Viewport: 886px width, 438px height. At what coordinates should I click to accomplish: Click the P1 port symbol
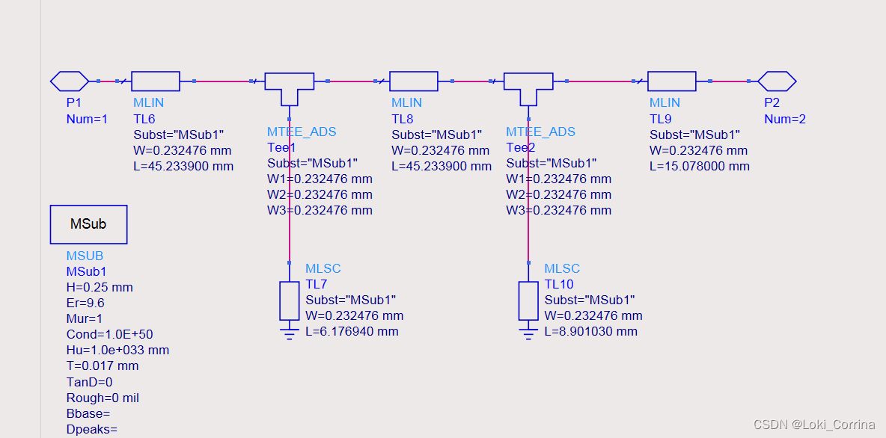pyautogui.click(x=70, y=81)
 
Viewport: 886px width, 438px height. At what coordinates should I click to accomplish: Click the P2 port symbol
pyautogui.click(x=777, y=81)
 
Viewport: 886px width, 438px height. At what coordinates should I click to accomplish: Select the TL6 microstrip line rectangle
pyautogui.click(x=156, y=81)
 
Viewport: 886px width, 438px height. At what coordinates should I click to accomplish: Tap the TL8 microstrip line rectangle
pyautogui.click(x=414, y=81)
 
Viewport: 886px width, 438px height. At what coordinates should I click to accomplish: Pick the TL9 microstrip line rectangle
pyautogui.click(x=671, y=81)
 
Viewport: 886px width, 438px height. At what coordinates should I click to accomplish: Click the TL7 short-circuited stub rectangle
pyautogui.click(x=290, y=300)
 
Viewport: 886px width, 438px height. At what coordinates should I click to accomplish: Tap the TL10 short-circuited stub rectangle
pyautogui.click(x=528, y=300)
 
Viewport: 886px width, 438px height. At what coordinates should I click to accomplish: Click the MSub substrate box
pyautogui.click(x=88, y=224)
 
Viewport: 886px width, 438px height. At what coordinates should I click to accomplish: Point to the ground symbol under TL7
pyautogui.click(x=290, y=330)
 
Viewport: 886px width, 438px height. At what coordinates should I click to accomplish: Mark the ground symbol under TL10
pyautogui.click(x=528, y=330)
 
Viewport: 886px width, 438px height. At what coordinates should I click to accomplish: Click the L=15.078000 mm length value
pyautogui.click(x=699, y=166)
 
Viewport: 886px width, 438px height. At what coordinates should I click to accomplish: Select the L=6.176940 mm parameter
pyautogui.click(x=352, y=331)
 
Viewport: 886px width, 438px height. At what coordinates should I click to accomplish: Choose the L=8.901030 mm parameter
pyautogui.click(x=590, y=331)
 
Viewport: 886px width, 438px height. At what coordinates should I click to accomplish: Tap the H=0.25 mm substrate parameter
pyautogui.click(x=100, y=287)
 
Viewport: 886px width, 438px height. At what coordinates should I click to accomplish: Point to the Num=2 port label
pyautogui.click(x=784, y=119)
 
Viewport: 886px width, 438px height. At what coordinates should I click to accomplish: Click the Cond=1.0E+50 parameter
pyautogui.click(x=109, y=334)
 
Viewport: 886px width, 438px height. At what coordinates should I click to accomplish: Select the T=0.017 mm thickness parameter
pyautogui.click(x=103, y=365)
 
